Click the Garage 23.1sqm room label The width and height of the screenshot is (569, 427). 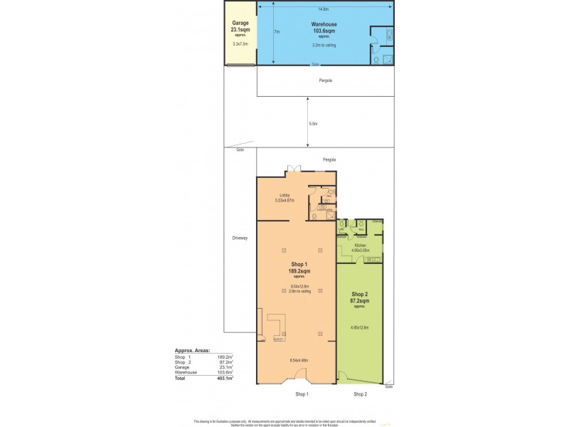(240, 26)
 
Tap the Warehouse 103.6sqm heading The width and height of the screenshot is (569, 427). (324, 28)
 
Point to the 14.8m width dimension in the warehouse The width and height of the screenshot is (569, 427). (324, 9)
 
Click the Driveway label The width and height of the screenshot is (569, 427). (240, 238)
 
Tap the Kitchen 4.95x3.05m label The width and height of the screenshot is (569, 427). (361, 247)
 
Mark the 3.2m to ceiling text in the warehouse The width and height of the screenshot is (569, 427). (324, 45)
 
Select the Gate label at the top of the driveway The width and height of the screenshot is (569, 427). (230, 149)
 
